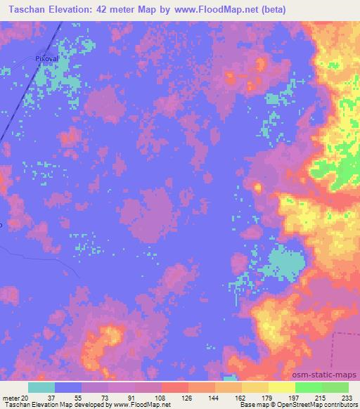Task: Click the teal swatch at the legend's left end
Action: coord(41,387)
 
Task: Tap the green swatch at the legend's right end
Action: coord(335,387)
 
